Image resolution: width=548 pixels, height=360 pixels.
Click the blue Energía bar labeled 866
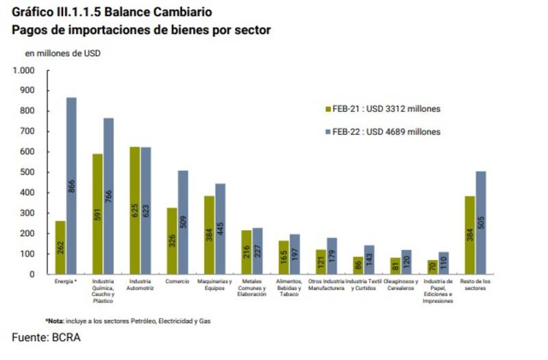(71, 185)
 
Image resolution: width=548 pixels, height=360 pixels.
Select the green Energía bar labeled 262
(60, 247)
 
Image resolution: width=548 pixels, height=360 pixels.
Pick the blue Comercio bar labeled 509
(183, 222)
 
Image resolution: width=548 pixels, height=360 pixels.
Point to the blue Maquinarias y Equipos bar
(220, 229)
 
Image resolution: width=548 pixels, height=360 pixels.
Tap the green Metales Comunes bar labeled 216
(246, 252)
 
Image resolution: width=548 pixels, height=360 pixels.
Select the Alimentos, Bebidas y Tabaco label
(288, 287)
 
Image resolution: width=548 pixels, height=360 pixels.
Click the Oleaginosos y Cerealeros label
(400, 285)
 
